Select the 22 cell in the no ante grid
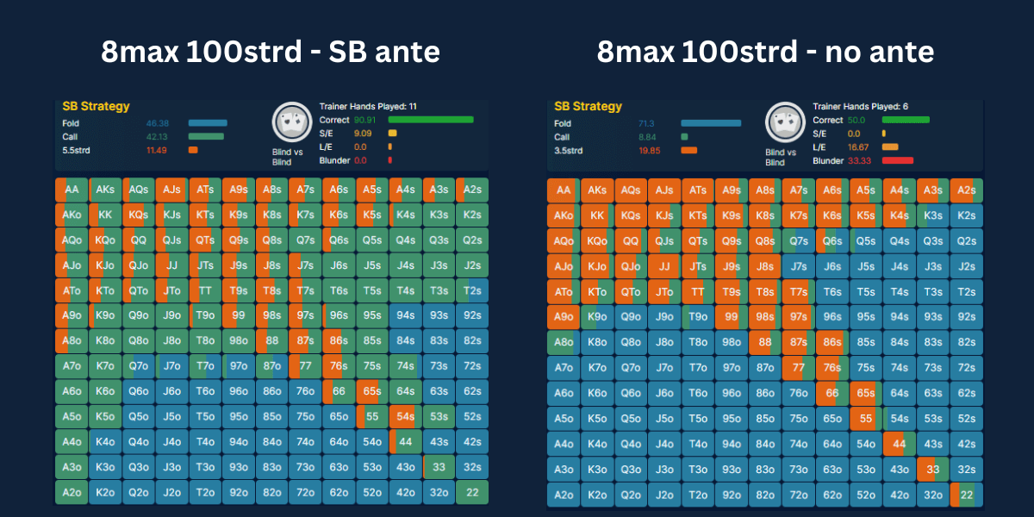coord(967,495)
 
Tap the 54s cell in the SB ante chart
coord(403,418)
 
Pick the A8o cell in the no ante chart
coord(563,342)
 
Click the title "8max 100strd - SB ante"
coord(271,53)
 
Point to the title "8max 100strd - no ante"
coord(765,53)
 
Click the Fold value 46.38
coord(157,123)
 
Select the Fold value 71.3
coord(646,123)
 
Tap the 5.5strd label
coord(78,150)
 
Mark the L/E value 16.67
coord(858,146)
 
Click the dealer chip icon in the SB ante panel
coord(290,123)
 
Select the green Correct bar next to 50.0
coord(905,120)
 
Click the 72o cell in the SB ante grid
coord(304,495)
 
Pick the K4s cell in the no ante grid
coord(900,215)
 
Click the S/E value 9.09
coord(363,134)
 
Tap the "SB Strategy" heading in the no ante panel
coord(588,107)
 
